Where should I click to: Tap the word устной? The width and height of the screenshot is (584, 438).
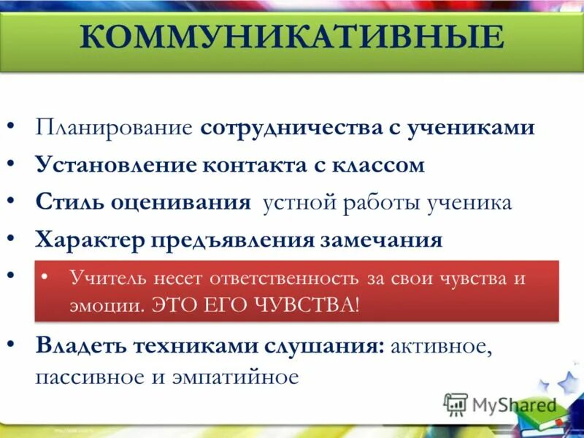(x=297, y=202)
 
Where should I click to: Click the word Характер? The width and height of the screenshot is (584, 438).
(x=91, y=239)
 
